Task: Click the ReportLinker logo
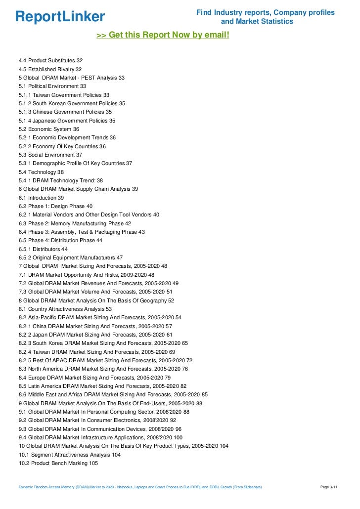pos(60,16)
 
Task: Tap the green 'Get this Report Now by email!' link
pos(163,35)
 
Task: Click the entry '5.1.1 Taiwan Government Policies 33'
pos(64,95)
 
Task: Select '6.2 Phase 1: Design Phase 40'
pos(55,206)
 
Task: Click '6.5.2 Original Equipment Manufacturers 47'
pos(71,257)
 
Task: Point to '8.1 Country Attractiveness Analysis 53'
pos(65,309)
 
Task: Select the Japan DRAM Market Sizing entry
pos(96,335)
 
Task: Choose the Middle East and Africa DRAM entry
pos(113,394)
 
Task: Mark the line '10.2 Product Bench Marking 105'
pos(58,463)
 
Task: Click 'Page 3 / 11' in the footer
pos(329,487)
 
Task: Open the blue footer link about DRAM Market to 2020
pos(140,487)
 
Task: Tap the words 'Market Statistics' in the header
pos(265,22)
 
